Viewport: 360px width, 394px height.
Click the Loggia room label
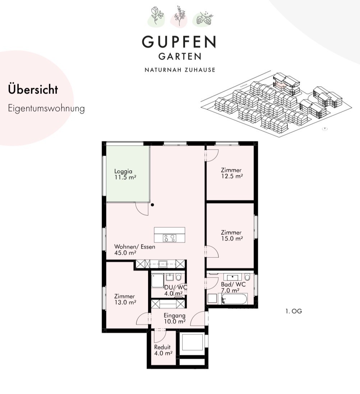click(123, 171)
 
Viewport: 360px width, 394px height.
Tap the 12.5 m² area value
click(232, 176)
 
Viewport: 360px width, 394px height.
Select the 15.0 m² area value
click(232, 238)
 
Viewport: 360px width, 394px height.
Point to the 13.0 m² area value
click(125, 302)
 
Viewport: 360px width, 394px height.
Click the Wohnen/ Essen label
click(135, 247)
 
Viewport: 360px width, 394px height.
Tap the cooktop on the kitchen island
click(170, 238)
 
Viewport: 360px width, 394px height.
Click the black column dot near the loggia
click(152, 205)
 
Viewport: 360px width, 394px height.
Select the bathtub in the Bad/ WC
click(234, 299)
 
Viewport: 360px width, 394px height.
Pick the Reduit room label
click(162, 347)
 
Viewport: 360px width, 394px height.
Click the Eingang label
click(175, 315)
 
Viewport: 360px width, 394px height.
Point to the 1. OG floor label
click(294, 311)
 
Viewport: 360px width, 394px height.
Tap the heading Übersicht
click(33, 90)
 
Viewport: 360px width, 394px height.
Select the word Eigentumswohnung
click(46, 109)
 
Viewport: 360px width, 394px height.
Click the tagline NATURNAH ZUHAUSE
click(180, 70)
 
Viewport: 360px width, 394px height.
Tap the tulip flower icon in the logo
click(157, 16)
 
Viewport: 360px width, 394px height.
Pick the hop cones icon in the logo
click(204, 18)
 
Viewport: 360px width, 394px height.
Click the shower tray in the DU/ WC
click(157, 280)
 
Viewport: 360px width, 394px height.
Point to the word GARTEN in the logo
click(180, 56)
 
